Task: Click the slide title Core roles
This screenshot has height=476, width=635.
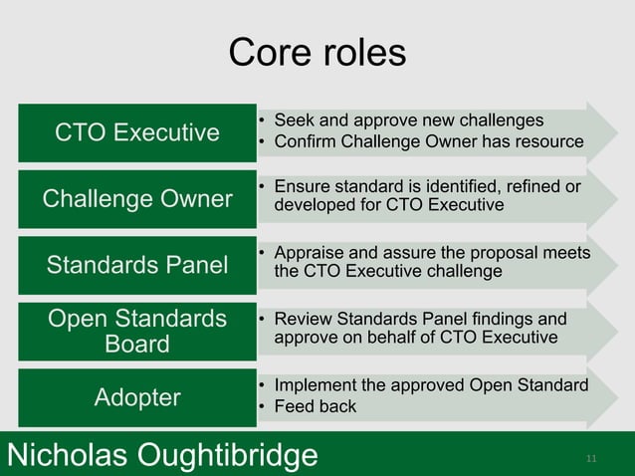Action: [317, 53]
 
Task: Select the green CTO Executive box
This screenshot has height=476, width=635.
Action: [137, 132]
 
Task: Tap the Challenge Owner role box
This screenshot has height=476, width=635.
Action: [137, 198]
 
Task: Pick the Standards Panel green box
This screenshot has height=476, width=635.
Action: [137, 265]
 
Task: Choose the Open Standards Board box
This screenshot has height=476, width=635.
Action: [137, 331]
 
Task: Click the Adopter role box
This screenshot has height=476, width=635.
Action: [137, 397]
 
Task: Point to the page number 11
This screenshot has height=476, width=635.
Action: [591, 459]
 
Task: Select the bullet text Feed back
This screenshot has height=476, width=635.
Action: [315, 407]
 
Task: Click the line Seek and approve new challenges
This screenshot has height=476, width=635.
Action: [408, 120]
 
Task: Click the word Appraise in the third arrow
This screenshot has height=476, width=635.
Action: [312, 253]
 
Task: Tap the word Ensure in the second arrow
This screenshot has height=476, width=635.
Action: [302, 186]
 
